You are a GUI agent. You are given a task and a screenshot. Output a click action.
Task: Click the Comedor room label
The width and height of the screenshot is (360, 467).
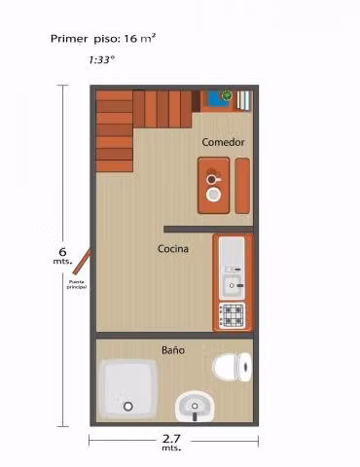pos(223,142)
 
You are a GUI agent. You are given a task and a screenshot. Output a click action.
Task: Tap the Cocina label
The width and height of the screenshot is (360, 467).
pos(173,249)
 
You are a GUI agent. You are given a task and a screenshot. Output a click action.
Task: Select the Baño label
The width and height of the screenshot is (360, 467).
pos(173,350)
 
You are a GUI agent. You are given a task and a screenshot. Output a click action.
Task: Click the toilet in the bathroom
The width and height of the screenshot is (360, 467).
pos(232,368)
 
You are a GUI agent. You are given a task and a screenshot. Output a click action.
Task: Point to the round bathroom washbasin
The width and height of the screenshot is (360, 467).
pos(195,406)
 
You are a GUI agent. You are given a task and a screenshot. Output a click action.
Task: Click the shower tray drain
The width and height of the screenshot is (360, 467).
pos(128,406)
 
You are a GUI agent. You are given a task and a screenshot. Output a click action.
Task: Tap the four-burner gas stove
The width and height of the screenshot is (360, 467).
pos(232,315)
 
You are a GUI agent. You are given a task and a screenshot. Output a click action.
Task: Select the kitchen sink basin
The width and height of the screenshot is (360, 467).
pos(232,286)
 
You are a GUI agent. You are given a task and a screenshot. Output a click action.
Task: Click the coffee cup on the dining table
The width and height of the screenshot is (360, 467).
pos(212,179)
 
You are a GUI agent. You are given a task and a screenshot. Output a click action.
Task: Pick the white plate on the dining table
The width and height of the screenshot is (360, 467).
pos(213,195)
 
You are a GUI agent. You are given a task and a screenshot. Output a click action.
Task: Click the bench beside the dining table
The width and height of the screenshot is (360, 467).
pos(242,186)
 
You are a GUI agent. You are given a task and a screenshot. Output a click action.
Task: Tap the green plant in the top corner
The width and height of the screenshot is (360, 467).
pos(227,95)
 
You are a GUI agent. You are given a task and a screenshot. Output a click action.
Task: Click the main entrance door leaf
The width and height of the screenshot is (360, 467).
pos(82,262)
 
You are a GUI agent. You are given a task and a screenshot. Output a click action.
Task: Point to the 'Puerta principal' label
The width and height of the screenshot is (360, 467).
pos(77,284)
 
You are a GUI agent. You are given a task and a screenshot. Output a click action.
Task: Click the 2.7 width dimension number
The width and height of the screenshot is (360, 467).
pos(171,439)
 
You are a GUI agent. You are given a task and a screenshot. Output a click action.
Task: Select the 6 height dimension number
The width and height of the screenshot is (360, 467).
pos(62,252)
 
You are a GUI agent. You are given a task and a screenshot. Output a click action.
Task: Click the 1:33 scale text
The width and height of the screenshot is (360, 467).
pos(101,60)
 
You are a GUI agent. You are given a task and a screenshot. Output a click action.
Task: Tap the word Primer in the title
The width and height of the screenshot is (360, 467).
pos(69,39)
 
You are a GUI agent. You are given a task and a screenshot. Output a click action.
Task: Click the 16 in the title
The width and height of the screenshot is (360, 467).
pos(130,39)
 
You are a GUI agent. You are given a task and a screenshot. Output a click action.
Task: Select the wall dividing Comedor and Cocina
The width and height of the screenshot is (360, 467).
pos(208,230)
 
